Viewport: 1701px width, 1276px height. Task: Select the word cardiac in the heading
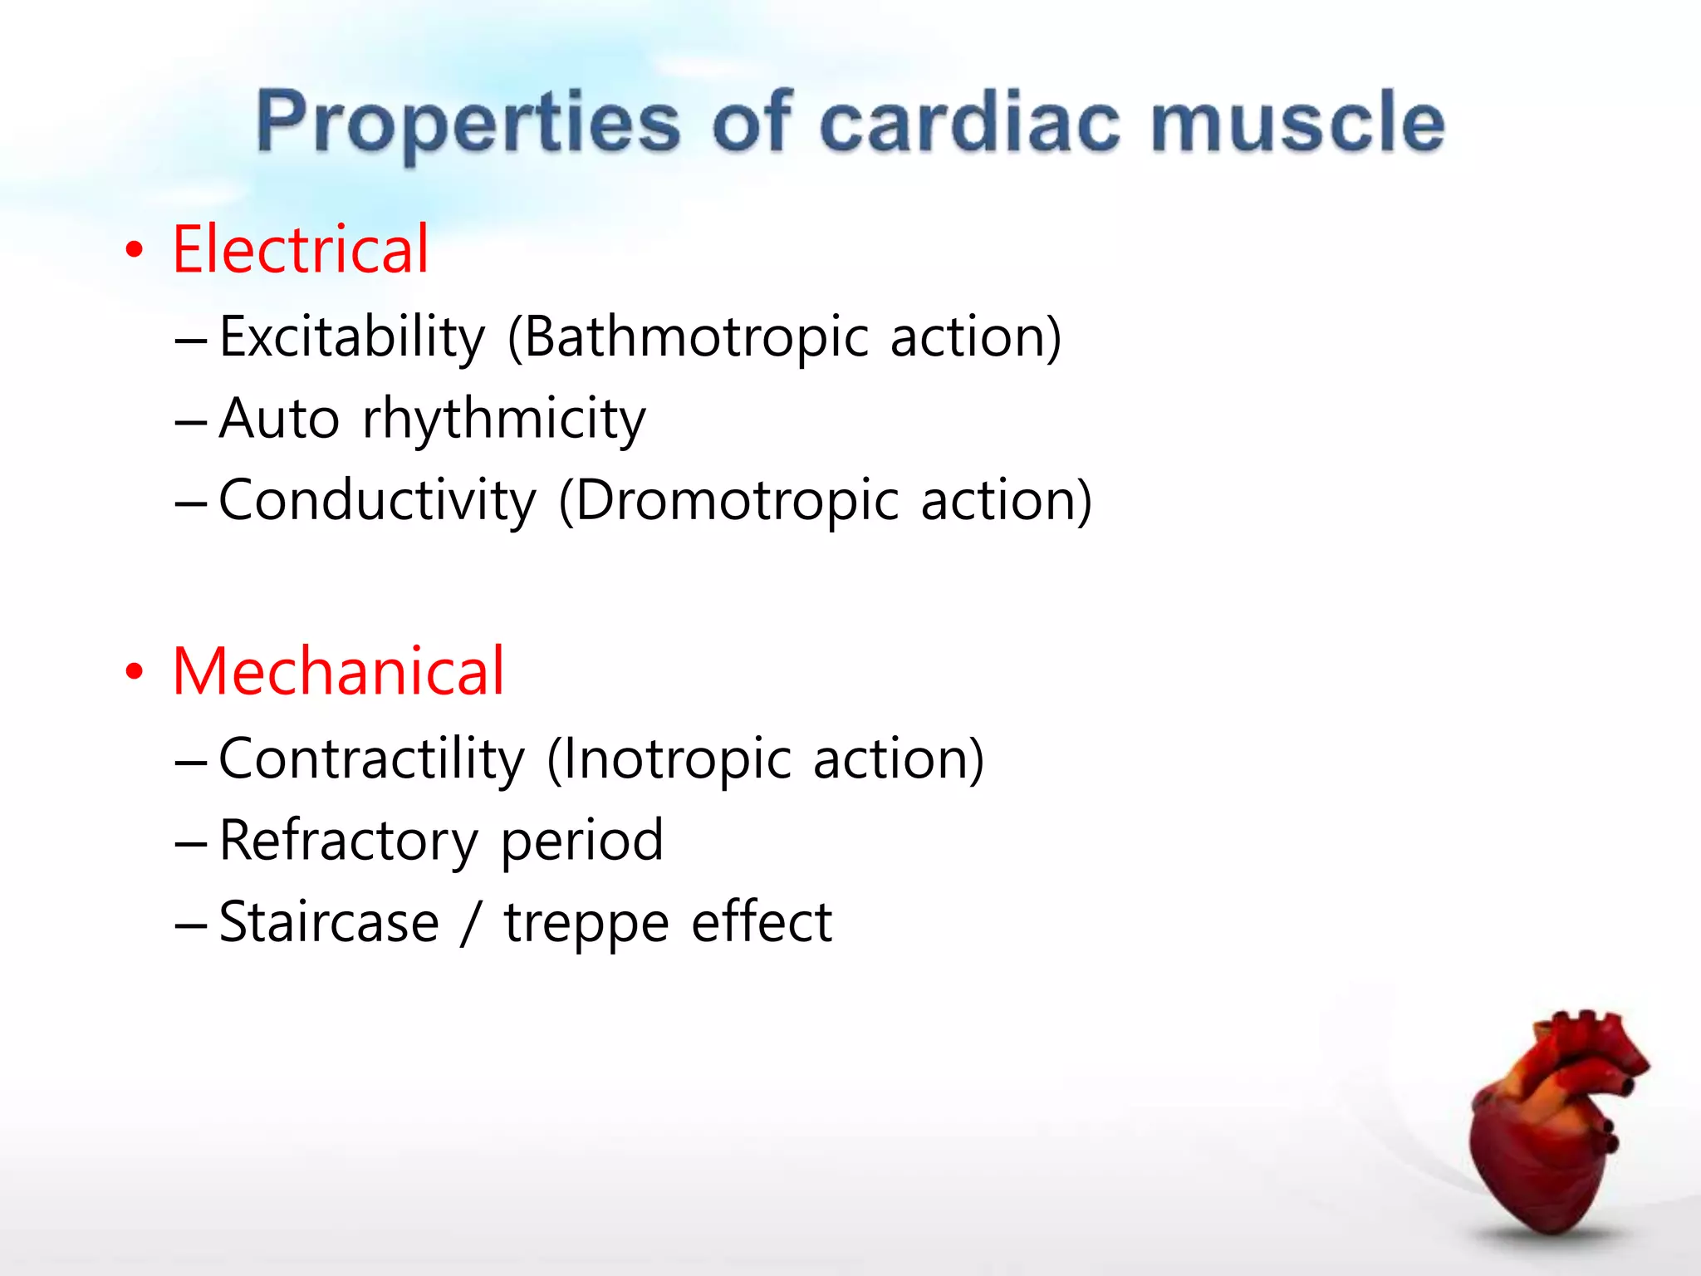(x=969, y=123)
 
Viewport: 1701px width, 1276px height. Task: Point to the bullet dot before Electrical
(x=134, y=251)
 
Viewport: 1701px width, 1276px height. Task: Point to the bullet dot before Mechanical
(x=134, y=672)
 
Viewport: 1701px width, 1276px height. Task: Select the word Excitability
(x=352, y=337)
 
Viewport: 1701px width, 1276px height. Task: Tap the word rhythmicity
(x=503, y=419)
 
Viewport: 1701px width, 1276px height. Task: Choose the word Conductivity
(x=378, y=500)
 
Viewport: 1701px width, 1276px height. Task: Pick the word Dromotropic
(x=736, y=500)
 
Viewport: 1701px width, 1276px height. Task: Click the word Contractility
(x=371, y=758)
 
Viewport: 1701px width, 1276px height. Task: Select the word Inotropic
(x=675, y=758)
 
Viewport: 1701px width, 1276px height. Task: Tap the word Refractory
(x=349, y=841)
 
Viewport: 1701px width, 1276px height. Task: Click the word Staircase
(x=329, y=922)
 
